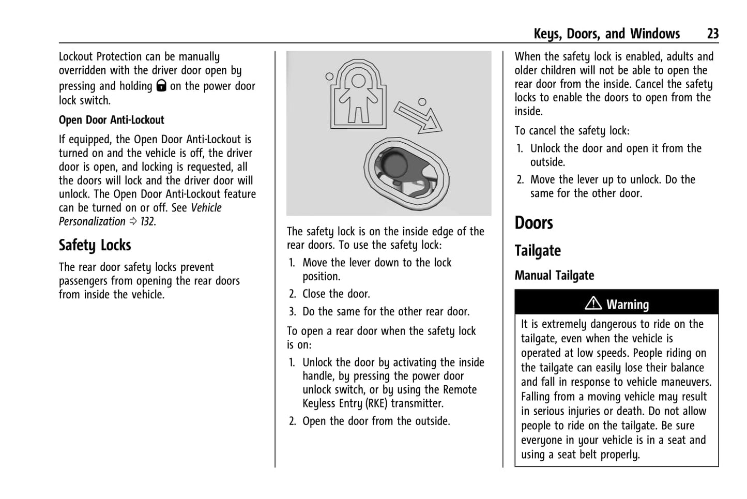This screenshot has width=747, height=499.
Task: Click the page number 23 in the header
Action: tap(712, 34)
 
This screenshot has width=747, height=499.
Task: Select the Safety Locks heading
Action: tap(95, 245)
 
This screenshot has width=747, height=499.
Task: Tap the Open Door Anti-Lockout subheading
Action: tap(111, 120)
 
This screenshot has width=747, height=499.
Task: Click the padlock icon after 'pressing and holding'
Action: tap(161, 86)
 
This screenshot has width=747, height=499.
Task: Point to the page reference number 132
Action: tap(147, 221)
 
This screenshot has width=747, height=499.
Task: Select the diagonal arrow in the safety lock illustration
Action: tap(418, 117)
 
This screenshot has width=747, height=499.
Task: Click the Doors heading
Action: tap(533, 223)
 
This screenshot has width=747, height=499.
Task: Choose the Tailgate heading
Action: tap(538, 251)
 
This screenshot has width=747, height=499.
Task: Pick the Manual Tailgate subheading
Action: tap(554, 276)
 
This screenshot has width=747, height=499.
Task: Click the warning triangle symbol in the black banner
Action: tap(593, 304)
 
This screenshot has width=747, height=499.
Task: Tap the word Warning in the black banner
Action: tap(628, 305)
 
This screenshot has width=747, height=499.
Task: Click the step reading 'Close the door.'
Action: tap(336, 294)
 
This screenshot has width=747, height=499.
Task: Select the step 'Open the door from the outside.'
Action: tap(376, 421)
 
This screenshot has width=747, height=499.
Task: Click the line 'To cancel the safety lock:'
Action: tap(572, 131)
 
